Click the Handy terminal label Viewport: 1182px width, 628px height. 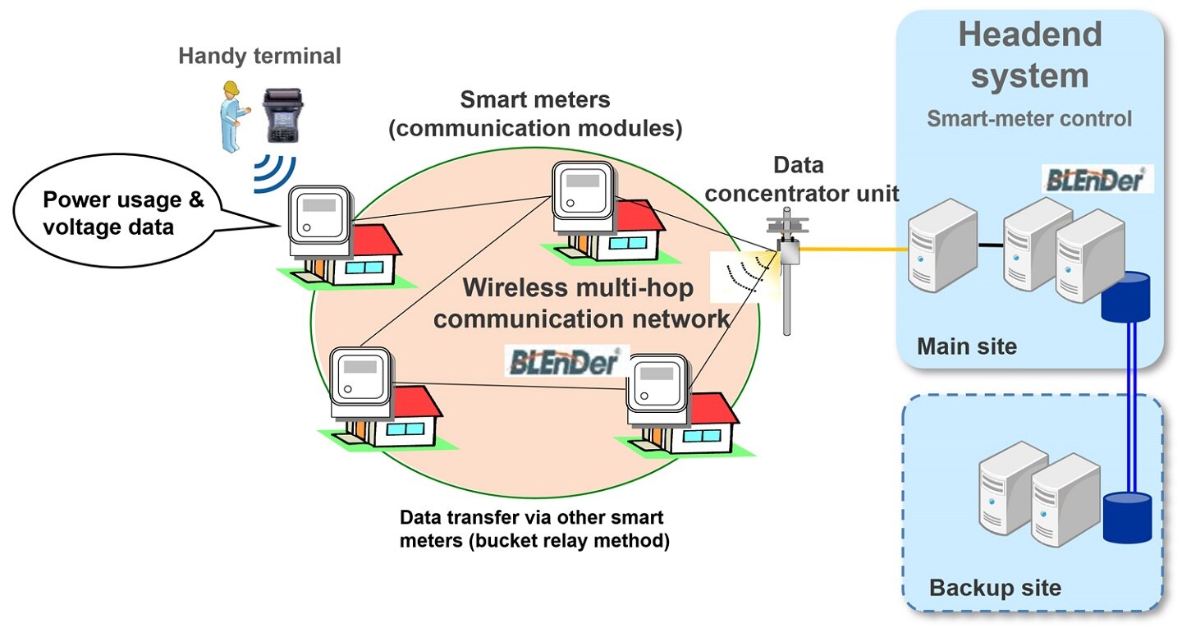tap(259, 56)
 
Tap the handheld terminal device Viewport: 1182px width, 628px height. tap(283, 116)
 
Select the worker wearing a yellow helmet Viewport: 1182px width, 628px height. tap(231, 117)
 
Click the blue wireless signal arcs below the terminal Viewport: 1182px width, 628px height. tap(274, 173)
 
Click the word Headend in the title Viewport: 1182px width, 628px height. tap(1030, 34)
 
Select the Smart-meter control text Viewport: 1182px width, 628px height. tap(1029, 119)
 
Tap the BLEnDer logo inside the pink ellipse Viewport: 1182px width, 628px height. tap(566, 361)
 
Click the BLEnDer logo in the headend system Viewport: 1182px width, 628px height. tap(1097, 179)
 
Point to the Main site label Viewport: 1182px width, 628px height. tap(967, 346)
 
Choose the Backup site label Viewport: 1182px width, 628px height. tap(995, 588)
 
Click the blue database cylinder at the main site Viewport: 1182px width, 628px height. tap(1125, 296)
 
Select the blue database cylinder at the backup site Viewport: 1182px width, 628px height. tap(1128, 518)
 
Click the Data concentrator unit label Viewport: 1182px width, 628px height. tap(801, 180)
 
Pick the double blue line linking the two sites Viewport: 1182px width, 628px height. tap(1131, 407)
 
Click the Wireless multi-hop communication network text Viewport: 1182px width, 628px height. tap(580, 304)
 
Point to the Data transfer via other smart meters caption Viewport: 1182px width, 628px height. tap(534, 529)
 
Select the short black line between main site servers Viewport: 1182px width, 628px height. tap(991, 245)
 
